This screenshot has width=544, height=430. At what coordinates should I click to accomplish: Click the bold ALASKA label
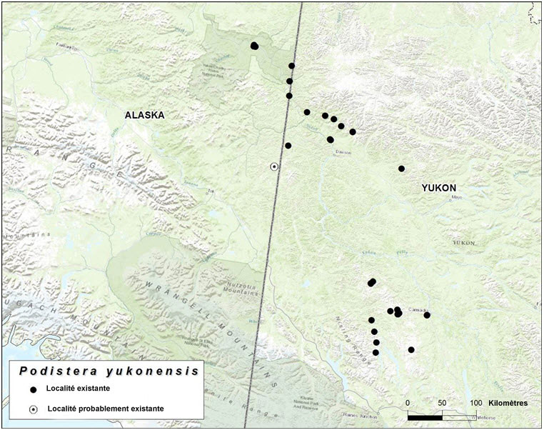tap(144, 115)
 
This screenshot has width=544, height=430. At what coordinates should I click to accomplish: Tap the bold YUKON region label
tap(438, 188)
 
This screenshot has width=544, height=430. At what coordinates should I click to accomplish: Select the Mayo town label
tap(457, 196)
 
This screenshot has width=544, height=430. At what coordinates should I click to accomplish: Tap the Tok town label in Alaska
tap(211, 191)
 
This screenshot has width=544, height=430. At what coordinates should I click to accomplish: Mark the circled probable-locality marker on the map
tap(274, 166)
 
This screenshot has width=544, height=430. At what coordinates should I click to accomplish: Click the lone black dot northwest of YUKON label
tap(401, 169)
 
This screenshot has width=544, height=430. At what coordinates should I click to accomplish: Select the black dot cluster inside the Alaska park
tap(255, 46)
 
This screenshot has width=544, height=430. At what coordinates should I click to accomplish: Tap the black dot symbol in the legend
tap(32, 390)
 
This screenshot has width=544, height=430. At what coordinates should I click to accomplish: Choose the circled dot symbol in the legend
tap(32, 409)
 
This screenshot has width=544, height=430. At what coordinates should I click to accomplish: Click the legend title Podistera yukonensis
tap(108, 371)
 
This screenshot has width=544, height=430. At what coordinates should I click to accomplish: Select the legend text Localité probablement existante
tap(106, 409)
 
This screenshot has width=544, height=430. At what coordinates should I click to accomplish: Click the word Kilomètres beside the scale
tap(505, 403)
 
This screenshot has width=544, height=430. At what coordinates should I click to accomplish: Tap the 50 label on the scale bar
tap(442, 403)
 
